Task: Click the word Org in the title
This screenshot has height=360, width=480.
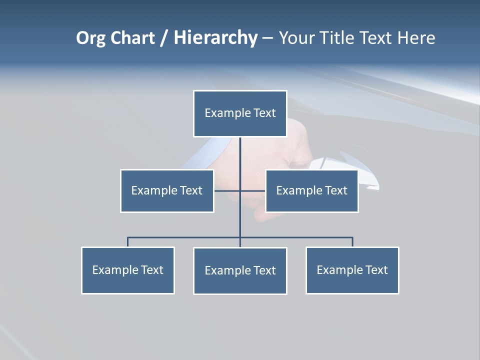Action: (x=90, y=38)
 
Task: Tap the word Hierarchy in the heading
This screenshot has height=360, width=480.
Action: (x=215, y=38)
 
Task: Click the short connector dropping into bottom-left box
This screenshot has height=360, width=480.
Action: (x=128, y=242)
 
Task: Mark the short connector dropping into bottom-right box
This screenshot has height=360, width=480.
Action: (x=352, y=242)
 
